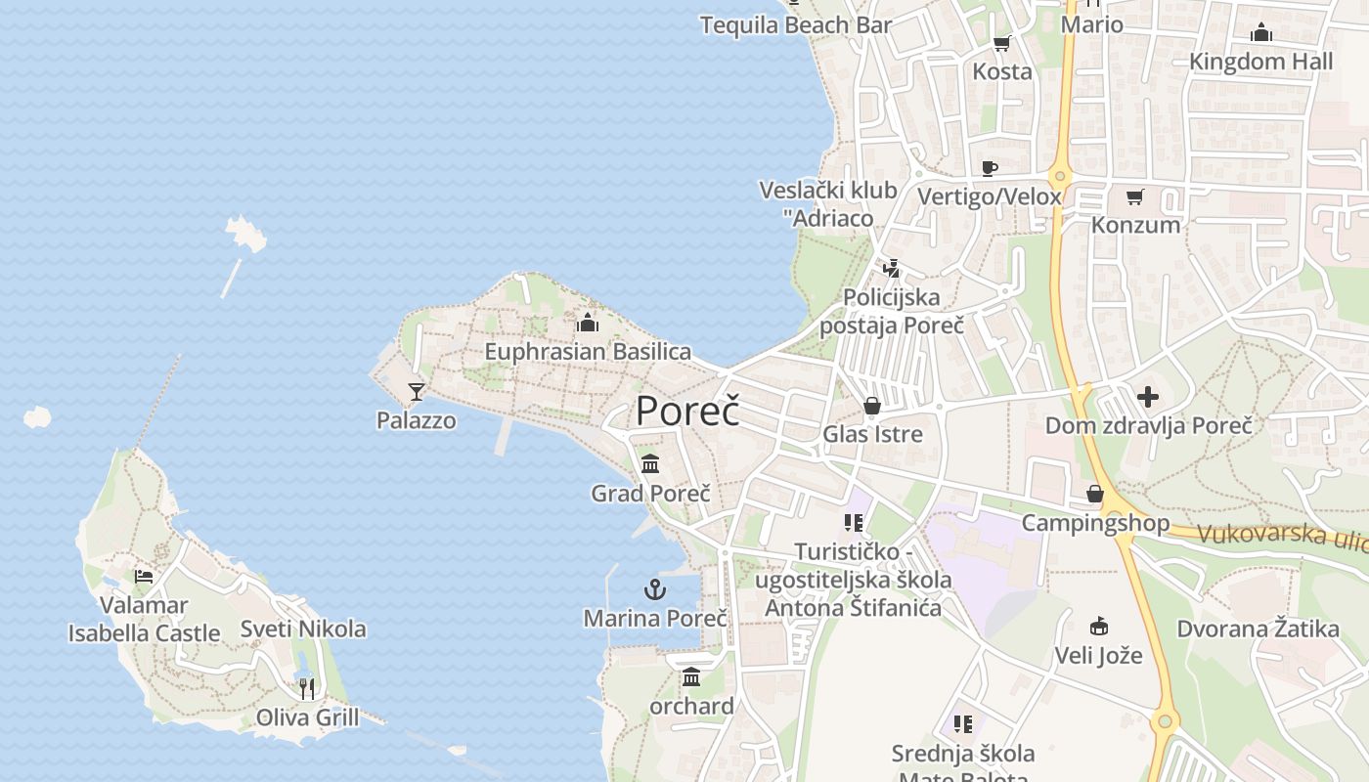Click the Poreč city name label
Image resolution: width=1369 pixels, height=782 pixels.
point(687,411)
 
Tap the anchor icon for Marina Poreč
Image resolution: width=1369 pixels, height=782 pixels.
point(655,589)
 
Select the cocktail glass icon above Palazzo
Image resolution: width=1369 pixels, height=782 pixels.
point(417,392)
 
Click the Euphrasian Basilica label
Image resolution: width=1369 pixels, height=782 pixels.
point(588,352)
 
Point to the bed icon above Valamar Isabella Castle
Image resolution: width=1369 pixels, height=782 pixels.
point(144,576)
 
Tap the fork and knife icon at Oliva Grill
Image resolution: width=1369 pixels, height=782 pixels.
point(307,688)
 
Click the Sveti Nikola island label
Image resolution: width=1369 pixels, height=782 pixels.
point(303,630)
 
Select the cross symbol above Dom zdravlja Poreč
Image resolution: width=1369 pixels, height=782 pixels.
point(1148,397)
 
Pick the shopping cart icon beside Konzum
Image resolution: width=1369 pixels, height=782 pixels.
point(1134,197)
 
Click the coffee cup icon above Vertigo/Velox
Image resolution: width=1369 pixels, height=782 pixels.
point(989,168)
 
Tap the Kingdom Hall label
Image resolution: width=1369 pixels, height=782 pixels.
point(1260,62)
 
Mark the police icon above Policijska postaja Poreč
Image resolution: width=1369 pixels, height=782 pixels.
point(891,268)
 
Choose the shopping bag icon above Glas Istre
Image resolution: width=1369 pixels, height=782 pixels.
point(872,406)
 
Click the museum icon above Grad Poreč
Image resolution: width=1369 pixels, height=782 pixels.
point(650,464)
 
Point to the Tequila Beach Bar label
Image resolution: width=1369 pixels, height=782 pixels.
point(796,25)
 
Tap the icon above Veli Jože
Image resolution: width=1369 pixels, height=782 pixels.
point(1098,627)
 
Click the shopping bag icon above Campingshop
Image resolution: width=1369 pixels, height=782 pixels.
point(1095,494)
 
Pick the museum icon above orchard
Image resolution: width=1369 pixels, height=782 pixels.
point(691,676)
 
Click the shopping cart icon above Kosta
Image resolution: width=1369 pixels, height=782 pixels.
point(1001,43)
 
